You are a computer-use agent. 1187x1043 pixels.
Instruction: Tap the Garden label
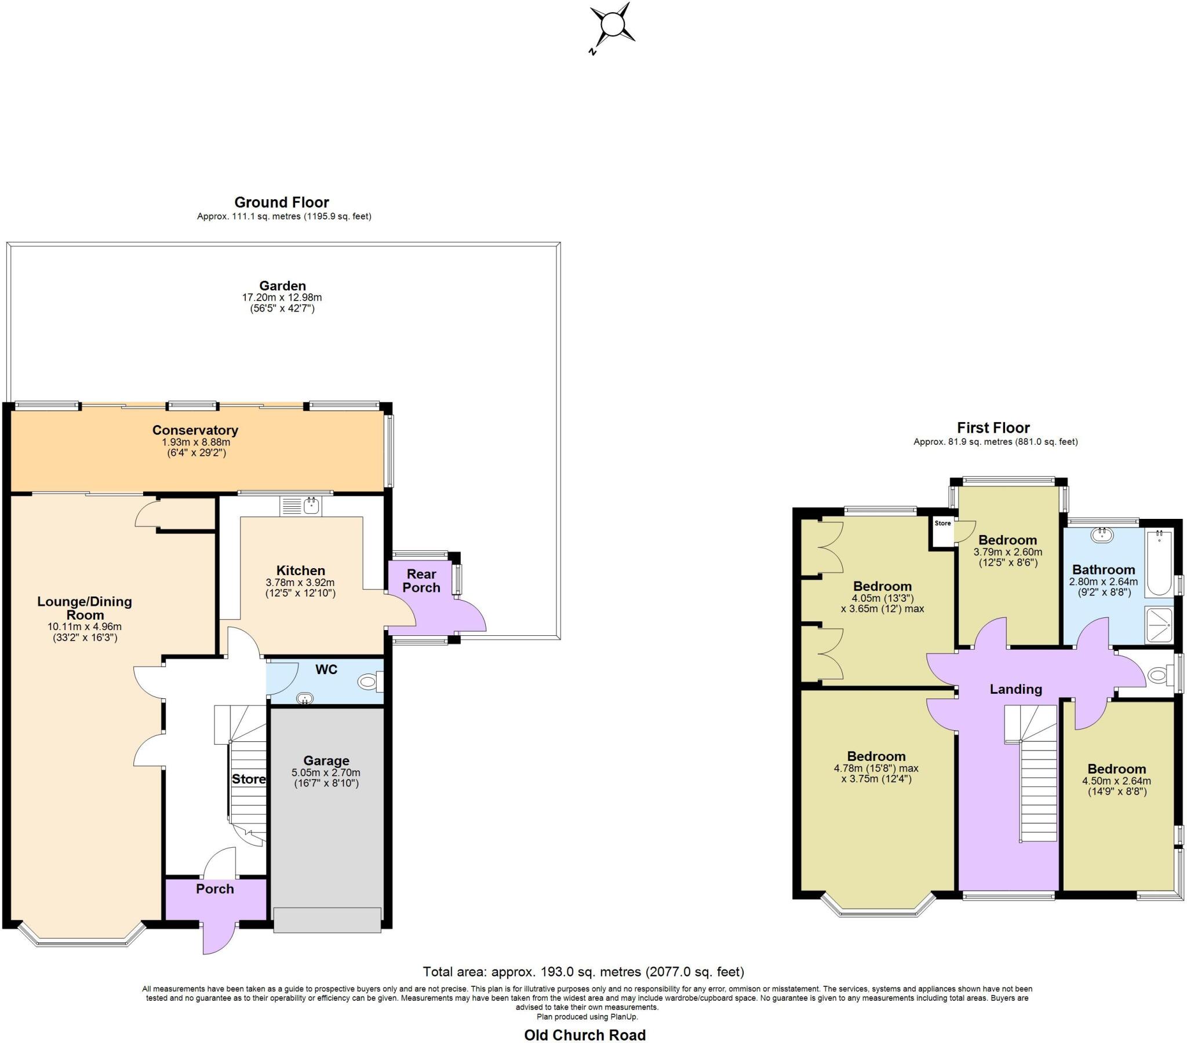282,286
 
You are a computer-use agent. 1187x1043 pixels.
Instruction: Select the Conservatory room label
195,430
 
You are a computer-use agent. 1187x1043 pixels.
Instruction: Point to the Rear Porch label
421,580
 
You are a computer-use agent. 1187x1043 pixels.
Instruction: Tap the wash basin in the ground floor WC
304,699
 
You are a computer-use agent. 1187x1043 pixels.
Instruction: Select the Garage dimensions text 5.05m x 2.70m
326,773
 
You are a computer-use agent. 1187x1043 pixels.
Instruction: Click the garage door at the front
327,920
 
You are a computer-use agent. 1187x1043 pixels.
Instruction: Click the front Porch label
215,888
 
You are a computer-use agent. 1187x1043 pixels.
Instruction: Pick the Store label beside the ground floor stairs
249,779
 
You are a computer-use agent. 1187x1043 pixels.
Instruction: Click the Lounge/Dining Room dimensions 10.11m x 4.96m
85,627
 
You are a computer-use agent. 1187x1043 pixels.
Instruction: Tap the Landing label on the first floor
1015,689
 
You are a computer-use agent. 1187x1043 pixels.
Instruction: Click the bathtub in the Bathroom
1159,562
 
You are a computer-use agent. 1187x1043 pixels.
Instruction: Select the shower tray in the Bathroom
1159,625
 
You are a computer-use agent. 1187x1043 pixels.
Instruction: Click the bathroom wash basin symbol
1101,535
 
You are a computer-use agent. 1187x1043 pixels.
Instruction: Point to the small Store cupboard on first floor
942,531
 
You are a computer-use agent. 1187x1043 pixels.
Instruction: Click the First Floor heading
993,428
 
